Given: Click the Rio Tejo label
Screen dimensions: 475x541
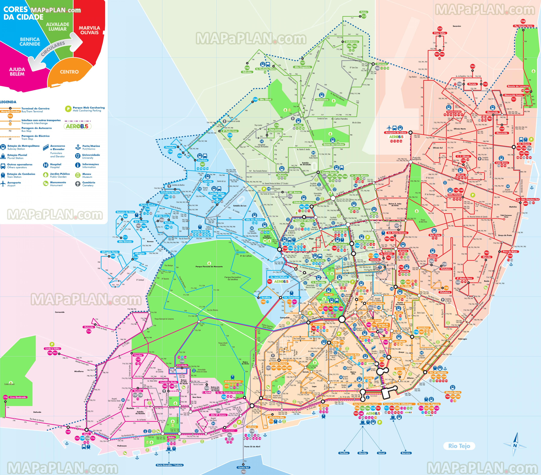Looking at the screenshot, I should [459, 446].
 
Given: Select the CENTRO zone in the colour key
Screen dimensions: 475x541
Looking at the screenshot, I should [69, 72].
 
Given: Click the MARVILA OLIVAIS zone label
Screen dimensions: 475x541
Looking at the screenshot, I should [89, 30].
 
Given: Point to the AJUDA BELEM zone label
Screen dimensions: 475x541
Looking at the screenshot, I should [17, 71].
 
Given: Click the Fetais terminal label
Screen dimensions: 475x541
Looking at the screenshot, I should [364, 12].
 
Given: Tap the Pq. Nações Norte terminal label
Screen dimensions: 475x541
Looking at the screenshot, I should [523, 26].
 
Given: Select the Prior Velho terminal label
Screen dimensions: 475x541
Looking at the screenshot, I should [440, 33].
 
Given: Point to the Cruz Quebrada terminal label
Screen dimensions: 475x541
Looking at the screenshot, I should [18, 397].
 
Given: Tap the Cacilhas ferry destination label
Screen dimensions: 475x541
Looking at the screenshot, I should [344, 453].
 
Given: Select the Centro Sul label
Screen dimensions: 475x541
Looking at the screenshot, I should [243, 467].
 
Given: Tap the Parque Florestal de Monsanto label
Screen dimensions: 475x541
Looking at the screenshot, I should [209, 267].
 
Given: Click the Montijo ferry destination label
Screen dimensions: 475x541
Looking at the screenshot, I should [363, 453].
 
